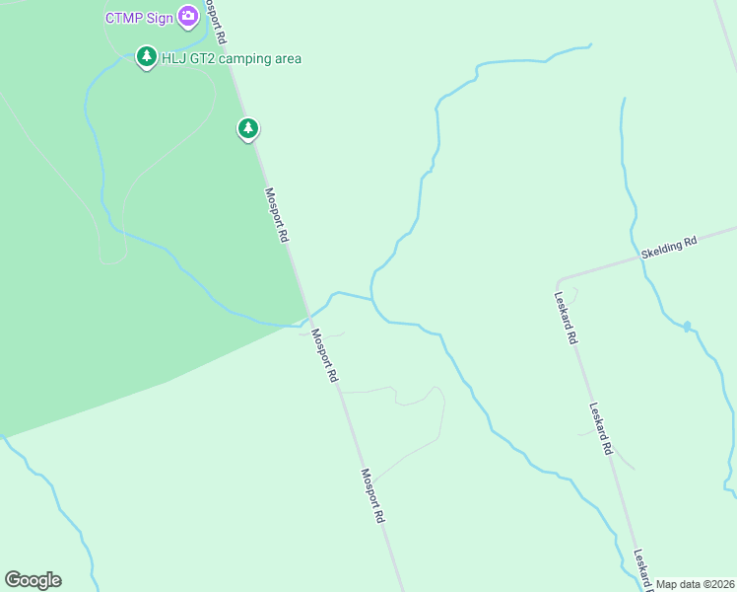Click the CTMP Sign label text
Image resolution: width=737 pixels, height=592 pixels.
[139, 17]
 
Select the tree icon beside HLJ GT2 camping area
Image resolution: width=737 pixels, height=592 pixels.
[147, 57]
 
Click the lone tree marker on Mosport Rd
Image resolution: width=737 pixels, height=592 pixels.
[247, 128]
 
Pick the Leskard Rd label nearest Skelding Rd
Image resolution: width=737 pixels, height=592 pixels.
[565, 317]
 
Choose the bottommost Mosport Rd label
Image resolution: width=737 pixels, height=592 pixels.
[372, 495]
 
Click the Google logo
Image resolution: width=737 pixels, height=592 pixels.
[33, 580]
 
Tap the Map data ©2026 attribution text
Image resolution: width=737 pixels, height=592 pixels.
[695, 584]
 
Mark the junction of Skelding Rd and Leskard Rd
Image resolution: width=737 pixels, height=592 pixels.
[559, 281]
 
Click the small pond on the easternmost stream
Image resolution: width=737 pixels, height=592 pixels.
[687, 325]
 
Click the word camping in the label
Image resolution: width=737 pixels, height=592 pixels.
[246, 58]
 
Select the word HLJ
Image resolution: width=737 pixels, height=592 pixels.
[174, 58]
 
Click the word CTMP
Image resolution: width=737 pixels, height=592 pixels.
[123, 17]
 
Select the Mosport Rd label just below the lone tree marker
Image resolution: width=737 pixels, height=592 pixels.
[277, 215]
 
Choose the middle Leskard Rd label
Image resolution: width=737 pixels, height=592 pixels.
[602, 428]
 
